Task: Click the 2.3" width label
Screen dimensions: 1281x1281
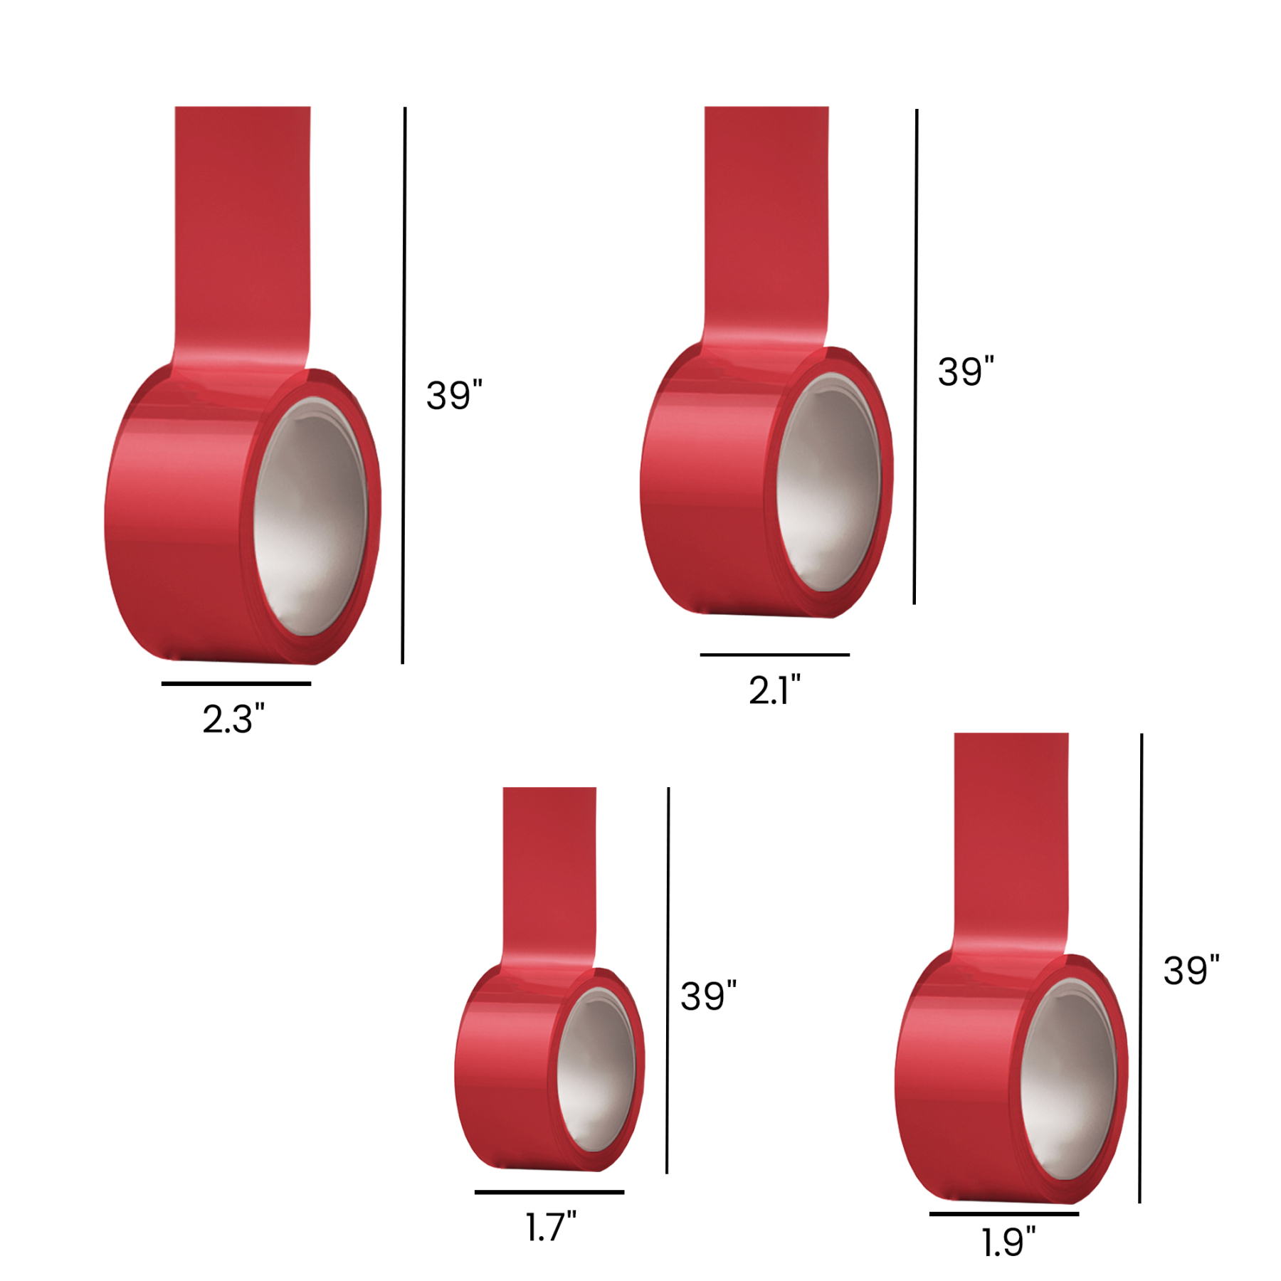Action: point(233,719)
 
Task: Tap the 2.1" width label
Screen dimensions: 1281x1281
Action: point(774,690)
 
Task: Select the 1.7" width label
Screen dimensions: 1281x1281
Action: point(550,1227)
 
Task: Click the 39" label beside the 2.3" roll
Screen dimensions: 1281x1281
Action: point(454,395)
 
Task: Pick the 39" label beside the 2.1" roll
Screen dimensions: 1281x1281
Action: point(965,371)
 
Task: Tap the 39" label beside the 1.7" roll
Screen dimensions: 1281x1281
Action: point(708,996)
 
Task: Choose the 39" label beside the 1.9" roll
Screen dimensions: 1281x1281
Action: point(1191,970)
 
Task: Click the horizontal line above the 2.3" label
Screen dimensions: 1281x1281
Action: point(236,683)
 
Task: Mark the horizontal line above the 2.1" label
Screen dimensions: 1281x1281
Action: point(774,654)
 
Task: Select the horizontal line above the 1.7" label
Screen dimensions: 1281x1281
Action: point(549,1191)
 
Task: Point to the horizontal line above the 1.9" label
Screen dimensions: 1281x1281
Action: point(1003,1213)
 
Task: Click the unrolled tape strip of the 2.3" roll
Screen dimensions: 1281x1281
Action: point(242,228)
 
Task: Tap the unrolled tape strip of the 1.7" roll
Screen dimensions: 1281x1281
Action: point(549,868)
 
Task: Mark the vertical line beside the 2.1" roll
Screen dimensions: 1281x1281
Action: point(915,356)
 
